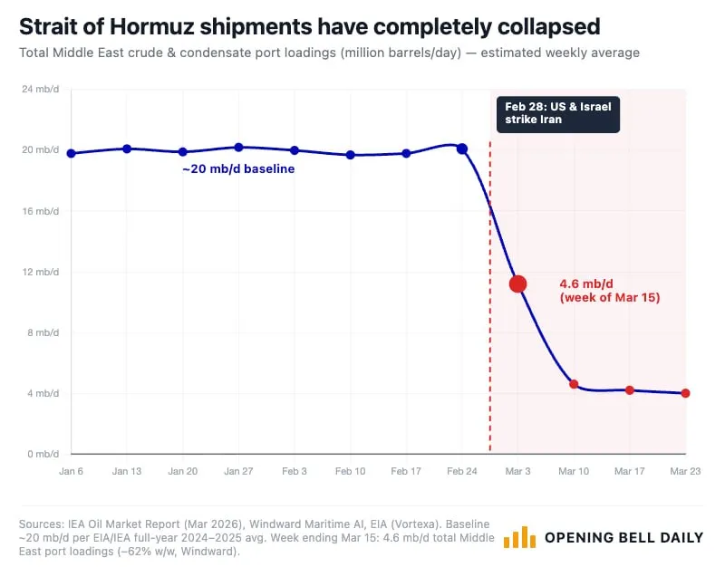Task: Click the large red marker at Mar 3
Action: pyautogui.click(x=517, y=283)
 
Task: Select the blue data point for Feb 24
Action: pyautogui.click(x=462, y=149)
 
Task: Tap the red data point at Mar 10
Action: pyautogui.click(x=574, y=384)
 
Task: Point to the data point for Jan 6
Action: pyautogui.click(x=72, y=153)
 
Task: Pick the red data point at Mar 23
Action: pyautogui.click(x=685, y=393)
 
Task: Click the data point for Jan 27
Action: pyautogui.click(x=239, y=147)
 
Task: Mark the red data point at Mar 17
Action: pyautogui.click(x=629, y=389)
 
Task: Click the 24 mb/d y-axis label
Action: pyautogui.click(x=41, y=89)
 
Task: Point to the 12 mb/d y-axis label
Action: pyautogui.click(x=41, y=272)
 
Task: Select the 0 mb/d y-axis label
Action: pyautogui.click(x=43, y=454)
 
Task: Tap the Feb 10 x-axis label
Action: pyautogui.click(x=351, y=472)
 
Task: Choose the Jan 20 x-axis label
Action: pyautogui.click(x=183, y=472)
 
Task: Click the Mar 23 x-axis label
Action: pyautogui.click(x=684, y=472)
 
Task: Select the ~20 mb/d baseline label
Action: pyautogui.click(x=238, y=168)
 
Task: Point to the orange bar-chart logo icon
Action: pyautogui.click(x=519, y=537)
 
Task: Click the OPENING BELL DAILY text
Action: pyautogui.click(x=623, y=537)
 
